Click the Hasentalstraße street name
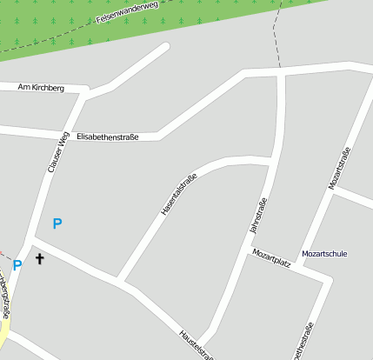click(179, 195)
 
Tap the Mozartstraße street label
click(339, 169)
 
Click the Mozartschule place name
click(324, 254)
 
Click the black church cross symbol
click(39, 258)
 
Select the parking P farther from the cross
click(57, 224)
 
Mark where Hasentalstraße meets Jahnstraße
click(272, 161)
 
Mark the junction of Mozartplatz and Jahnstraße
click(245, 252)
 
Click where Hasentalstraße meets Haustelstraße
click(121, 281)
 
